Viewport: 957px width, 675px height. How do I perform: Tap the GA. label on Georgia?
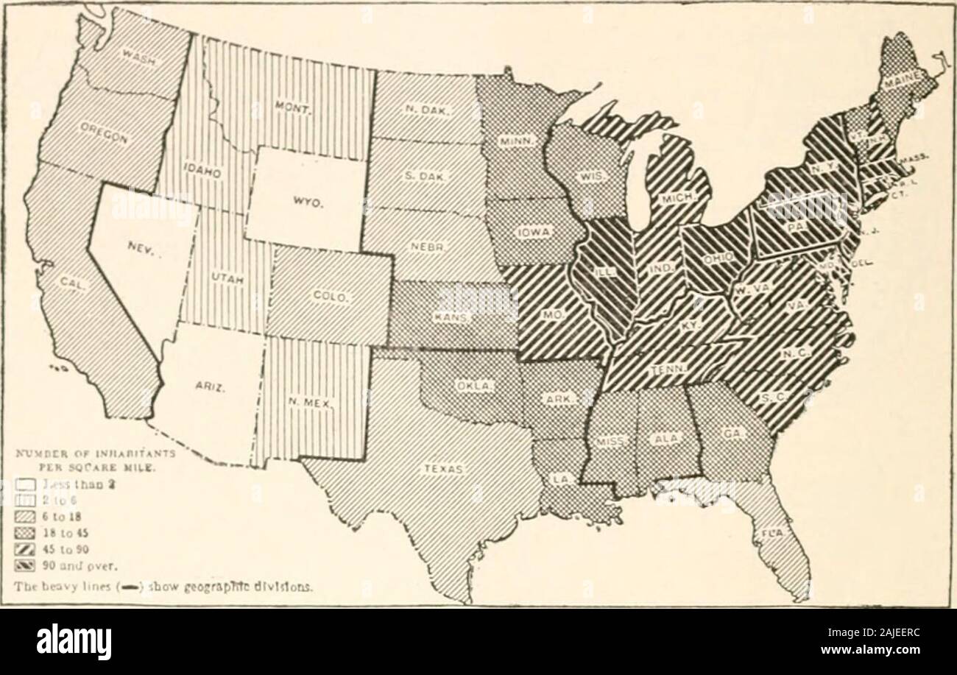731,435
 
